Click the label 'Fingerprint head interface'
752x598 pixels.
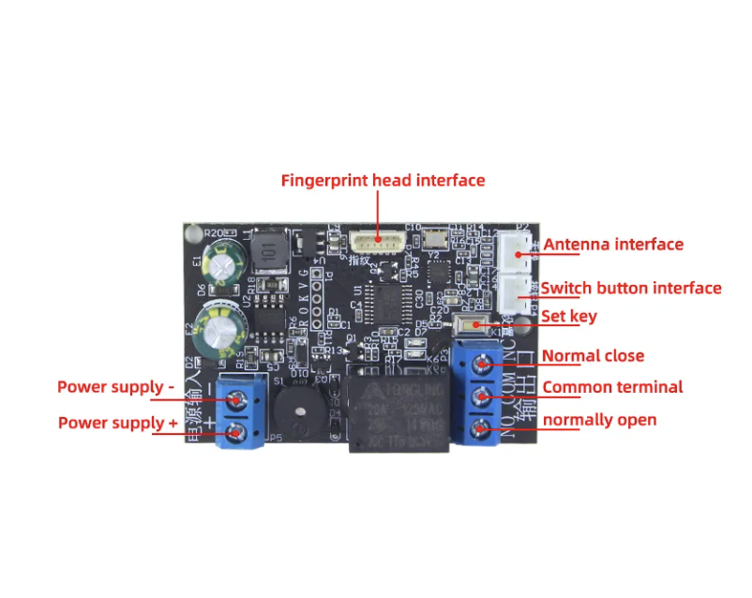tap(383, 180)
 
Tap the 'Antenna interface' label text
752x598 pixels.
tap(613, 245)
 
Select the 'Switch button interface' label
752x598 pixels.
tap(631, 288)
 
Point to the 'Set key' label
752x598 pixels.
tap(568, 317)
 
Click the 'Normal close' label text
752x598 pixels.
tap(593, 356)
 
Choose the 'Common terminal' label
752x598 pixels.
tap(612, 387)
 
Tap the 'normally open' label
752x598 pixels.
tap(599, 420)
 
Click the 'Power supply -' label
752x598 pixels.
tap(116, 387)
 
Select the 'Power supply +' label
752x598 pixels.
tap(118, 423)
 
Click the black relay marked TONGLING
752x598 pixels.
tap(399, 411)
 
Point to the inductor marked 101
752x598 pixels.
tap(270, 250)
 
